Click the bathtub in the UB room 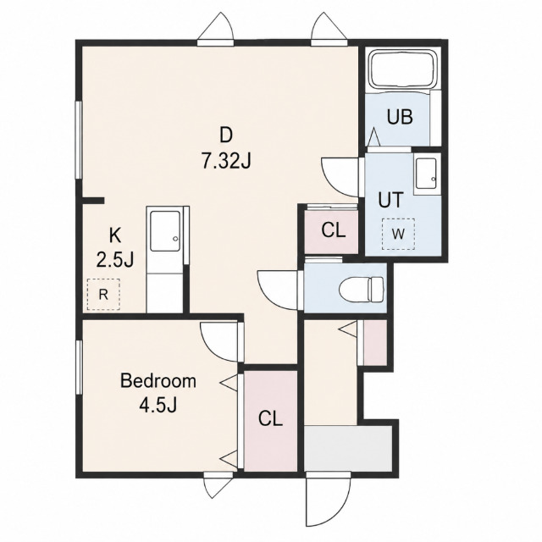(403, 70)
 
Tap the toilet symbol (362, 289)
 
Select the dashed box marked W (398, 234)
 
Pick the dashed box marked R (103, 295)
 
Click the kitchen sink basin (165, 230)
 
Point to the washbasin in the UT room (427, 174)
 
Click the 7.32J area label (226, 161)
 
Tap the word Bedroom (158, 381)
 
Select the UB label (400, 117)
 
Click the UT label (391, 200)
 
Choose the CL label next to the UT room (333, 230)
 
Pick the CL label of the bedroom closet (271, 418)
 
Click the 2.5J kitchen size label (115, 260)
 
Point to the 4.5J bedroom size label (158, 405)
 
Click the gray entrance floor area (347, 448)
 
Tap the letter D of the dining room (226, 135)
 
